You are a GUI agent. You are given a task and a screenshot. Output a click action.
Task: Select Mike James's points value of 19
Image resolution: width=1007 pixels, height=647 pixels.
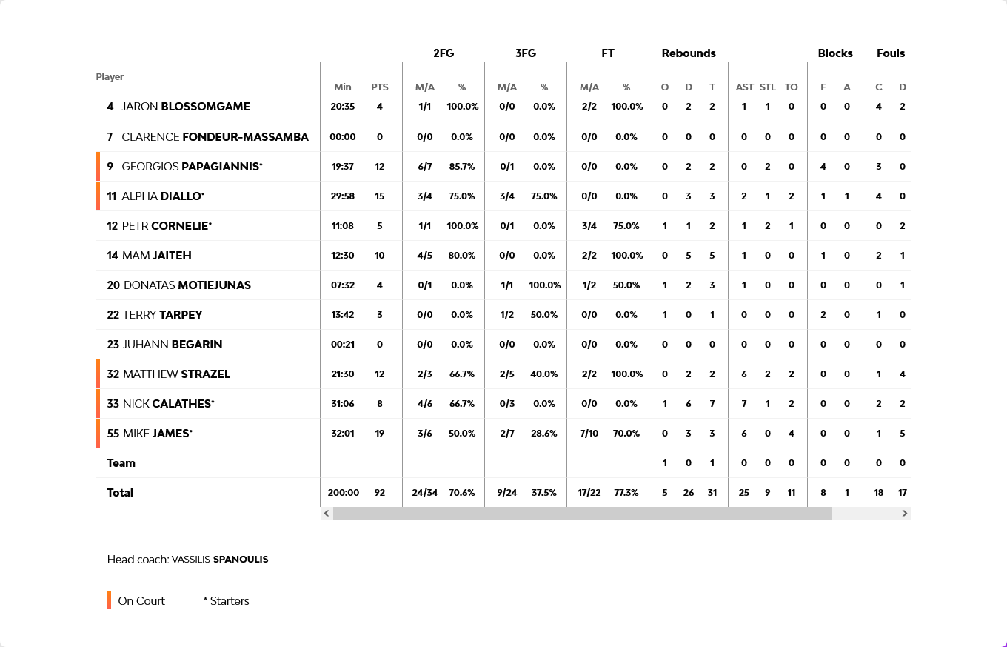(x=380, y=434)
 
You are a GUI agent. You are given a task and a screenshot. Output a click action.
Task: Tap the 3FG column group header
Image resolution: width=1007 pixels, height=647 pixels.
(x=526, y=53)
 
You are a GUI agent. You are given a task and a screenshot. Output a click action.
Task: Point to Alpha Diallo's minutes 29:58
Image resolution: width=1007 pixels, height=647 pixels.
(x=343, y=196)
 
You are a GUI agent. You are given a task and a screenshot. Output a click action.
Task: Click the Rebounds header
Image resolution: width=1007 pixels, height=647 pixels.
(x=689, y=53)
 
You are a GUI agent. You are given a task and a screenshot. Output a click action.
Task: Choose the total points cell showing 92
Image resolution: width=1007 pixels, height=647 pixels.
(x=380, y=493)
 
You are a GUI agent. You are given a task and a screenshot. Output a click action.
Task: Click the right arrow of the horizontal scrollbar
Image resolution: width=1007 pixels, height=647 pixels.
(x=904, y=513)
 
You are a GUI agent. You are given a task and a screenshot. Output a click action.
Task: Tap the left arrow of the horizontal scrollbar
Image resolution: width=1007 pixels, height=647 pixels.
(x=327, y=513)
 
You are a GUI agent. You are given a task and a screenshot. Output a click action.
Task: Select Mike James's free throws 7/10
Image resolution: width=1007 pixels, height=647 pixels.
(x=589, y=434)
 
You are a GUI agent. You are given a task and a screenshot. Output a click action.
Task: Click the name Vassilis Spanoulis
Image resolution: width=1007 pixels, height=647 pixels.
(x=220, y=560)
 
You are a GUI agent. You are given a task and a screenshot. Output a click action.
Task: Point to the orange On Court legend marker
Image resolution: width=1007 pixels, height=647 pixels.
(x=109, y=600)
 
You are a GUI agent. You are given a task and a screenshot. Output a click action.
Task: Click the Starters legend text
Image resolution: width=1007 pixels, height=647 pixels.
(x=227, y=601)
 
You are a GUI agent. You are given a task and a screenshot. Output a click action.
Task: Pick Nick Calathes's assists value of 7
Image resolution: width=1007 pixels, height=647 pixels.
(x=744, y=404)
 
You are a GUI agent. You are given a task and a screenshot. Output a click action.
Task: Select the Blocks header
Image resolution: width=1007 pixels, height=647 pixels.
(x=835, y=53)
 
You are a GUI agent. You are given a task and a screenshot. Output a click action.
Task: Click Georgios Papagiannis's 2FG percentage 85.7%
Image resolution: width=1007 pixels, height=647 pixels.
(x=462, y=167)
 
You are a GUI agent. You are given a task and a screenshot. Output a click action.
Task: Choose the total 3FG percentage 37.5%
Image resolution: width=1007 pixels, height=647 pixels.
(x=544, y=493)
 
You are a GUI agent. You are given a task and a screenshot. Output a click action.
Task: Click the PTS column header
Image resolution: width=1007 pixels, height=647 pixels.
(x=380, y=87)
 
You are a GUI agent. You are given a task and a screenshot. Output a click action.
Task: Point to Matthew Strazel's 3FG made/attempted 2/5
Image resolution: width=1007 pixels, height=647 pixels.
(x=507, y=374)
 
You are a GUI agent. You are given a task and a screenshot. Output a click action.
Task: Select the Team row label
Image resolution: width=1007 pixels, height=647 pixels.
(x=121, y=463)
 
